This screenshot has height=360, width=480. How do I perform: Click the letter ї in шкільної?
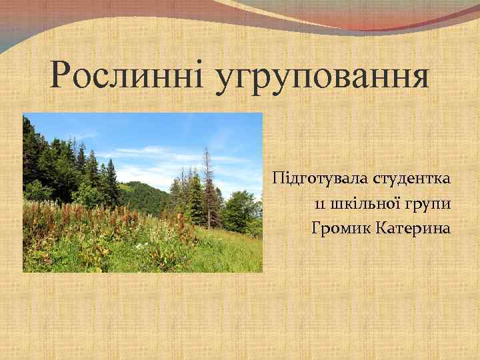[x=398, y=204]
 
